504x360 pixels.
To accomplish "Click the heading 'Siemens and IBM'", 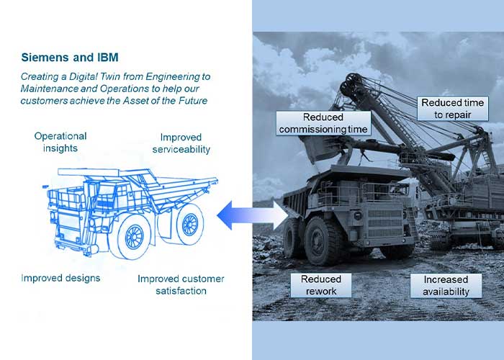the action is point(70,58).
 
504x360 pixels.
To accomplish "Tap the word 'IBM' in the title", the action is point(108,58).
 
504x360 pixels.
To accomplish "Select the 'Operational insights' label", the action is point(60,142).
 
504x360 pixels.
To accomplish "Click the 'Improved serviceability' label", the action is point(181,143).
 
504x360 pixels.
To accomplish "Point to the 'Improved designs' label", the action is point(60,278).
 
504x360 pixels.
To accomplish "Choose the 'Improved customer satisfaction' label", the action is point(181,285).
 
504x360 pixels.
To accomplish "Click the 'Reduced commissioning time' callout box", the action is point(323,123).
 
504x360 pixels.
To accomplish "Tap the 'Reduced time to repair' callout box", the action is point(453,109).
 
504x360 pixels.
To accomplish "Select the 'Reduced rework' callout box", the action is point(321,285).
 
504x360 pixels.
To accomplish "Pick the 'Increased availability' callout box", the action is point(446,285).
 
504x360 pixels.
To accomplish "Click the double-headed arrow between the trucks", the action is point(252,215).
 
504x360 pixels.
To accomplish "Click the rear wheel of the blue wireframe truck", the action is point(189,225).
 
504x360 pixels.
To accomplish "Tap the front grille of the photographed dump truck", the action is point(384,222).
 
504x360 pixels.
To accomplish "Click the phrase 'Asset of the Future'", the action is point(165,101).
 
